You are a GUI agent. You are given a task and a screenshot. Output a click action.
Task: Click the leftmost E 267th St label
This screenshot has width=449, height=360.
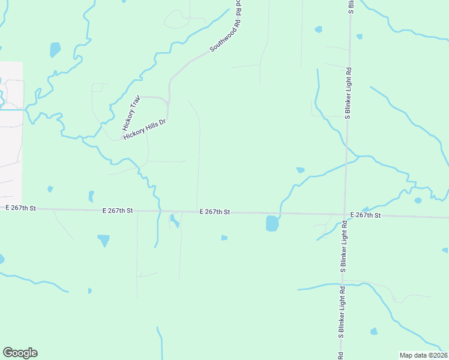(21, 208)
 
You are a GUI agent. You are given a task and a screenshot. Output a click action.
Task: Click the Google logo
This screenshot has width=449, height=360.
(20, 353)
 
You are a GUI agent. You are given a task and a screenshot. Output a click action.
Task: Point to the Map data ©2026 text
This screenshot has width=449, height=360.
(423, 355)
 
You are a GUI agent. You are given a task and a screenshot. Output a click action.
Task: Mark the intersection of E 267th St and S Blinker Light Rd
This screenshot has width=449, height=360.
(345, 214)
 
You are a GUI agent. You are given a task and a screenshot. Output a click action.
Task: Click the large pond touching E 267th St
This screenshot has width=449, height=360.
(272, 224)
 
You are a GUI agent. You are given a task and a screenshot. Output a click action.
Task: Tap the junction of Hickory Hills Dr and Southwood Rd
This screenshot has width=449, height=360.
(169, 102)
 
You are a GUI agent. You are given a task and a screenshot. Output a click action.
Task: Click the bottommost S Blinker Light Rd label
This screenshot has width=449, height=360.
(340, 322)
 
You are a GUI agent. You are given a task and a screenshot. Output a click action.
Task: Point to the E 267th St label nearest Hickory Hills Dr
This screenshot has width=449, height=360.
(117, 211)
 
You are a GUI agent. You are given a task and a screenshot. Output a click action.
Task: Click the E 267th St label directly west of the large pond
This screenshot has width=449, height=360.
(215, 212)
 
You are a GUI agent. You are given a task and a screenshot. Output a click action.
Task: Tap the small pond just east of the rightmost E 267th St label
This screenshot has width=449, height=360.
(417, 200)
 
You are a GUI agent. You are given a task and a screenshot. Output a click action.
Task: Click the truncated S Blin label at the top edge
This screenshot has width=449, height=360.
(351, 6)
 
